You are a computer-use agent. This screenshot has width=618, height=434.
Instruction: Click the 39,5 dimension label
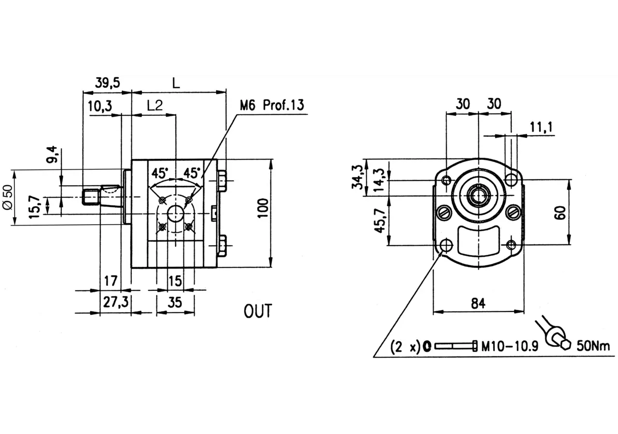click(x=108, y=82)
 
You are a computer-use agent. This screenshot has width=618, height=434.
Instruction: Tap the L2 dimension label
click(x=155, y=105)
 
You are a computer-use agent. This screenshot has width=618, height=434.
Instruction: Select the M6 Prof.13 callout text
click(x=272, y=105)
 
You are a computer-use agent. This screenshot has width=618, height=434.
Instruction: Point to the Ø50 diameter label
click(x=8, y=197)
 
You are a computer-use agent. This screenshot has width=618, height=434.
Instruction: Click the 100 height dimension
click(x=264, y=208)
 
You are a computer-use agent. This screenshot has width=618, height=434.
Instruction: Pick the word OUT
click(x=258, y=311)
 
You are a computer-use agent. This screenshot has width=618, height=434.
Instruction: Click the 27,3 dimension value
click(x=116, y=302)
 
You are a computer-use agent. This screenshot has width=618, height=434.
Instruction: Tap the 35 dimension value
click(x=175, y=302)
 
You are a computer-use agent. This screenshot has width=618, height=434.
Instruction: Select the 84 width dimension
click(x=478, y=303)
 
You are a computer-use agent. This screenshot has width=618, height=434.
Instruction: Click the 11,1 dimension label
click(x=541, y=127)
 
